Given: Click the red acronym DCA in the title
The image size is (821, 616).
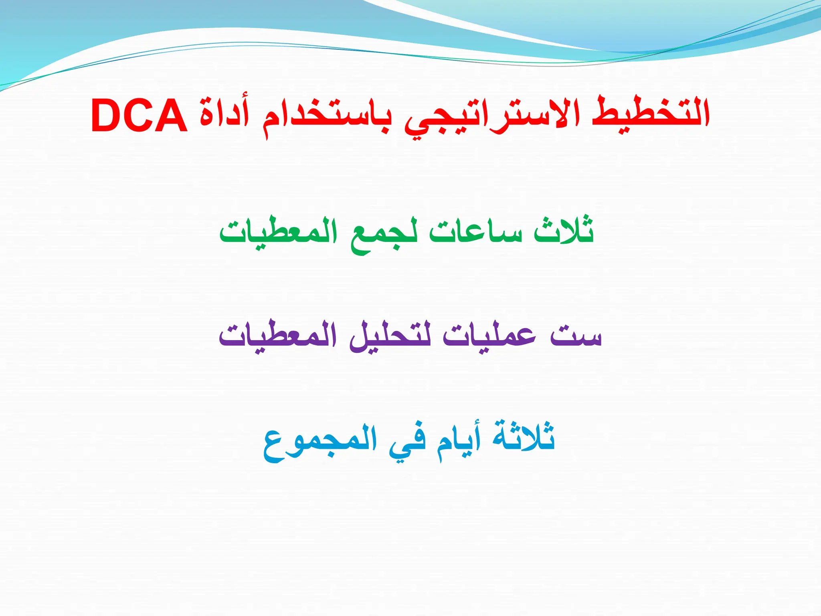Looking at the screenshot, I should [x=140, y=116].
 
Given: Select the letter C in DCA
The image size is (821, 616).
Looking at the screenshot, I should [x=140, y=116].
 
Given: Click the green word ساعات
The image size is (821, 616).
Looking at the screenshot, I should [x=475, y=233].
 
